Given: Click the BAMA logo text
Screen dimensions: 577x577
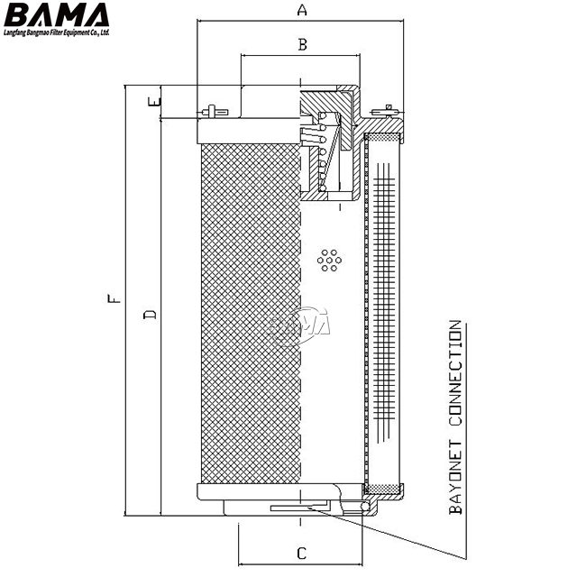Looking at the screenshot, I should point(56,15).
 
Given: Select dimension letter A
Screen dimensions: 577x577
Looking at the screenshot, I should point(302,11).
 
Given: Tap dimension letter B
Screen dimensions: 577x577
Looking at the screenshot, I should point(303,43).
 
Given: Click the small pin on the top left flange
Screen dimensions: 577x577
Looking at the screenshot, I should point(209,112).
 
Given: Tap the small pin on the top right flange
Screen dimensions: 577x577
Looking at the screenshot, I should point(389,110).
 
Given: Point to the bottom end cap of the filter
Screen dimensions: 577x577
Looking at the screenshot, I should point(270,494).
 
